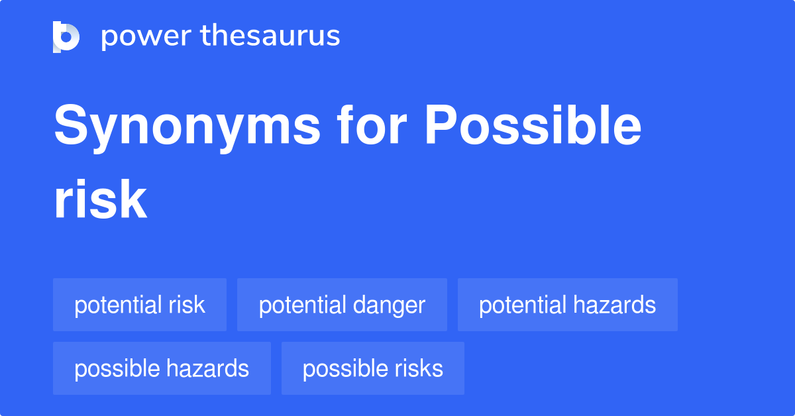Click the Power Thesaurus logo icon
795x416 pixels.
point(66,36)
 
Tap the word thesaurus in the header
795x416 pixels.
point(270,36)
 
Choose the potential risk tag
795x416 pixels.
point(140,305)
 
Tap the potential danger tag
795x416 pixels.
point(342,305)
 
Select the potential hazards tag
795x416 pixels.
point(567,305)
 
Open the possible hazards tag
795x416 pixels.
point(162,368)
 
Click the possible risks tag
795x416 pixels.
point(372,368)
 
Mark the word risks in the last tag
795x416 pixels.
point(417,368)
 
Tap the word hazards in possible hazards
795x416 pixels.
point(208,368)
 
